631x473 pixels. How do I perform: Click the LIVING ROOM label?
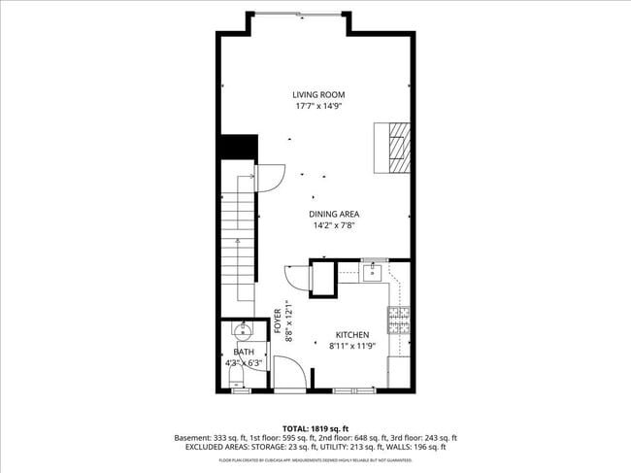[319, 95]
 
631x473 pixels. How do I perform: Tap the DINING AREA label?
[334, 214]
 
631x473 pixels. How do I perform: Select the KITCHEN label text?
[351, 333]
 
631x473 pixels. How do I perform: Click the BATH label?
[244, 353]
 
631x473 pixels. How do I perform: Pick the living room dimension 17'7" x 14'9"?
[319, 107]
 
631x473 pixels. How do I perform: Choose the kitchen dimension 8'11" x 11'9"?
[351, 345]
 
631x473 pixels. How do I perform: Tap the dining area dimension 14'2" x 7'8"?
[334, 225]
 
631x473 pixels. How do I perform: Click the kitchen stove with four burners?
[398, 320]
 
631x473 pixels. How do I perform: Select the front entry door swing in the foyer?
[287, 373]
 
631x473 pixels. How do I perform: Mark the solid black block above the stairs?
[238, 148]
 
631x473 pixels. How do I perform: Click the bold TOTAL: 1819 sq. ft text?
[315, 428]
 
